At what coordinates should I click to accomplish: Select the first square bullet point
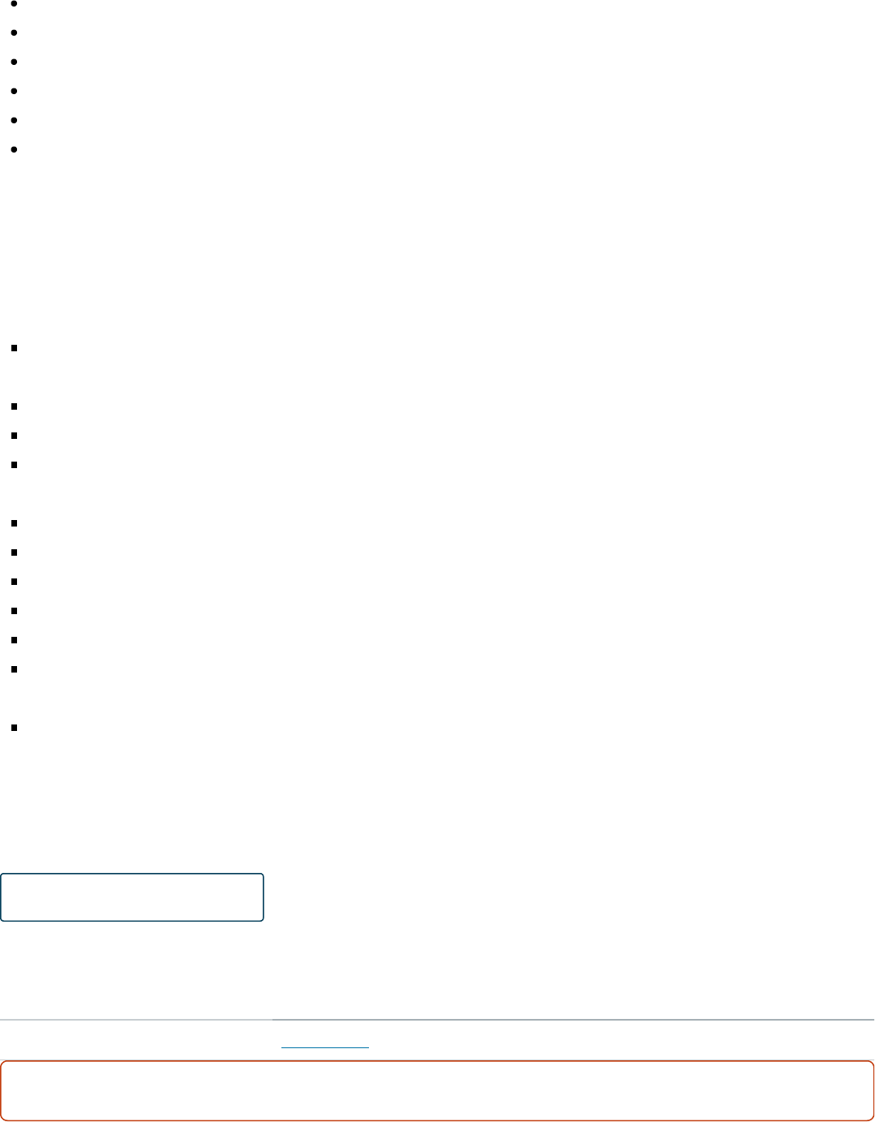15,348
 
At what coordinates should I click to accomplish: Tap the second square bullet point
15,406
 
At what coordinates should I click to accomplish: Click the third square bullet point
15,436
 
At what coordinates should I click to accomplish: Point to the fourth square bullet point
15,465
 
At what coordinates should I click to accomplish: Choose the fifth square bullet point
15,523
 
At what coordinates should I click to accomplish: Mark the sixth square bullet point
15,552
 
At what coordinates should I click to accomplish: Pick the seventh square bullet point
15,582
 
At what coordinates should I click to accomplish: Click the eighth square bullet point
15,611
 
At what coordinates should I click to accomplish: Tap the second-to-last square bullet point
15,669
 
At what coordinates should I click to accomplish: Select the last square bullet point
15,728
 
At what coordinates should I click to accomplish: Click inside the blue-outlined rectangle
132,897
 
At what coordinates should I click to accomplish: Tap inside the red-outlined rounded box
437,1090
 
